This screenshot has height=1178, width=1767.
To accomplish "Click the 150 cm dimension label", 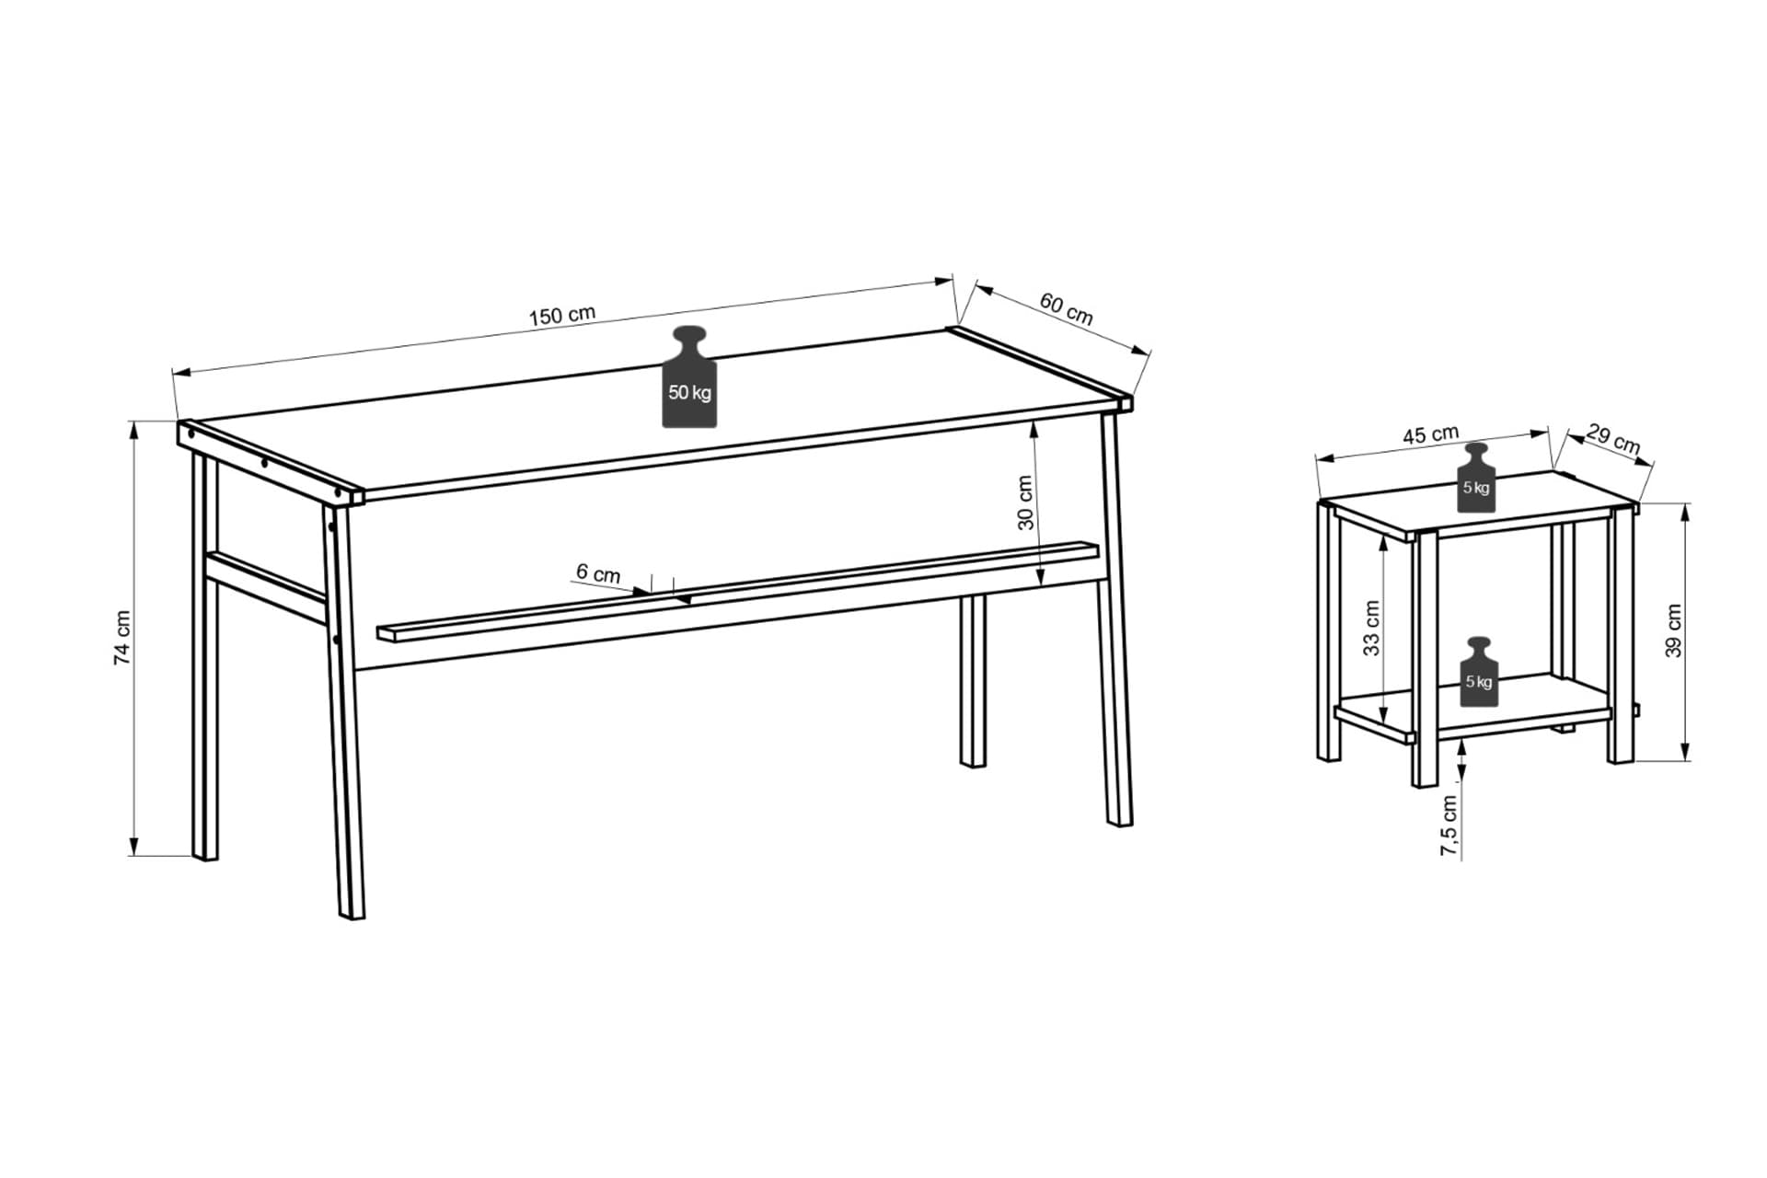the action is (x=562, y=315).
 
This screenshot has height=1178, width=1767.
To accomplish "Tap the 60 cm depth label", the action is (x=1067, y=309).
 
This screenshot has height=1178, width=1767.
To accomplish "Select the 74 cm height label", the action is (x=122, y=637).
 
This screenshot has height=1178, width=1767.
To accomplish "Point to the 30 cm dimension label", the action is (x=1025, y=502).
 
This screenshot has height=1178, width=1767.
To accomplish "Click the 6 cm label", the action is (x=598, y=573).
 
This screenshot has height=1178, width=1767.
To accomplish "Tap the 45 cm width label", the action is (x=1430, y=434).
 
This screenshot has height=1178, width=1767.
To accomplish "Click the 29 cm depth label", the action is (x=1613, y=438).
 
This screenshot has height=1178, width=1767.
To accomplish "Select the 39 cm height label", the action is (x=1674, y=630).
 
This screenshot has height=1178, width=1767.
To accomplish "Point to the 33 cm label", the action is (x=1371, y=628).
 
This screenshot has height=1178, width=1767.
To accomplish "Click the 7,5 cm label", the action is (x=1449, y=826).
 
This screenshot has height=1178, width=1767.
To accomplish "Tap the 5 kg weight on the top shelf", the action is (x=1476, y=478).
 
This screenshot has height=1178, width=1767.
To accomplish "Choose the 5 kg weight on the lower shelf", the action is (x=1478, y=672).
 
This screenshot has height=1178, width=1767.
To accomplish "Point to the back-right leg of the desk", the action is (x=973, y=681).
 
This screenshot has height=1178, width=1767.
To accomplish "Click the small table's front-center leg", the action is (x=1425, y=659).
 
